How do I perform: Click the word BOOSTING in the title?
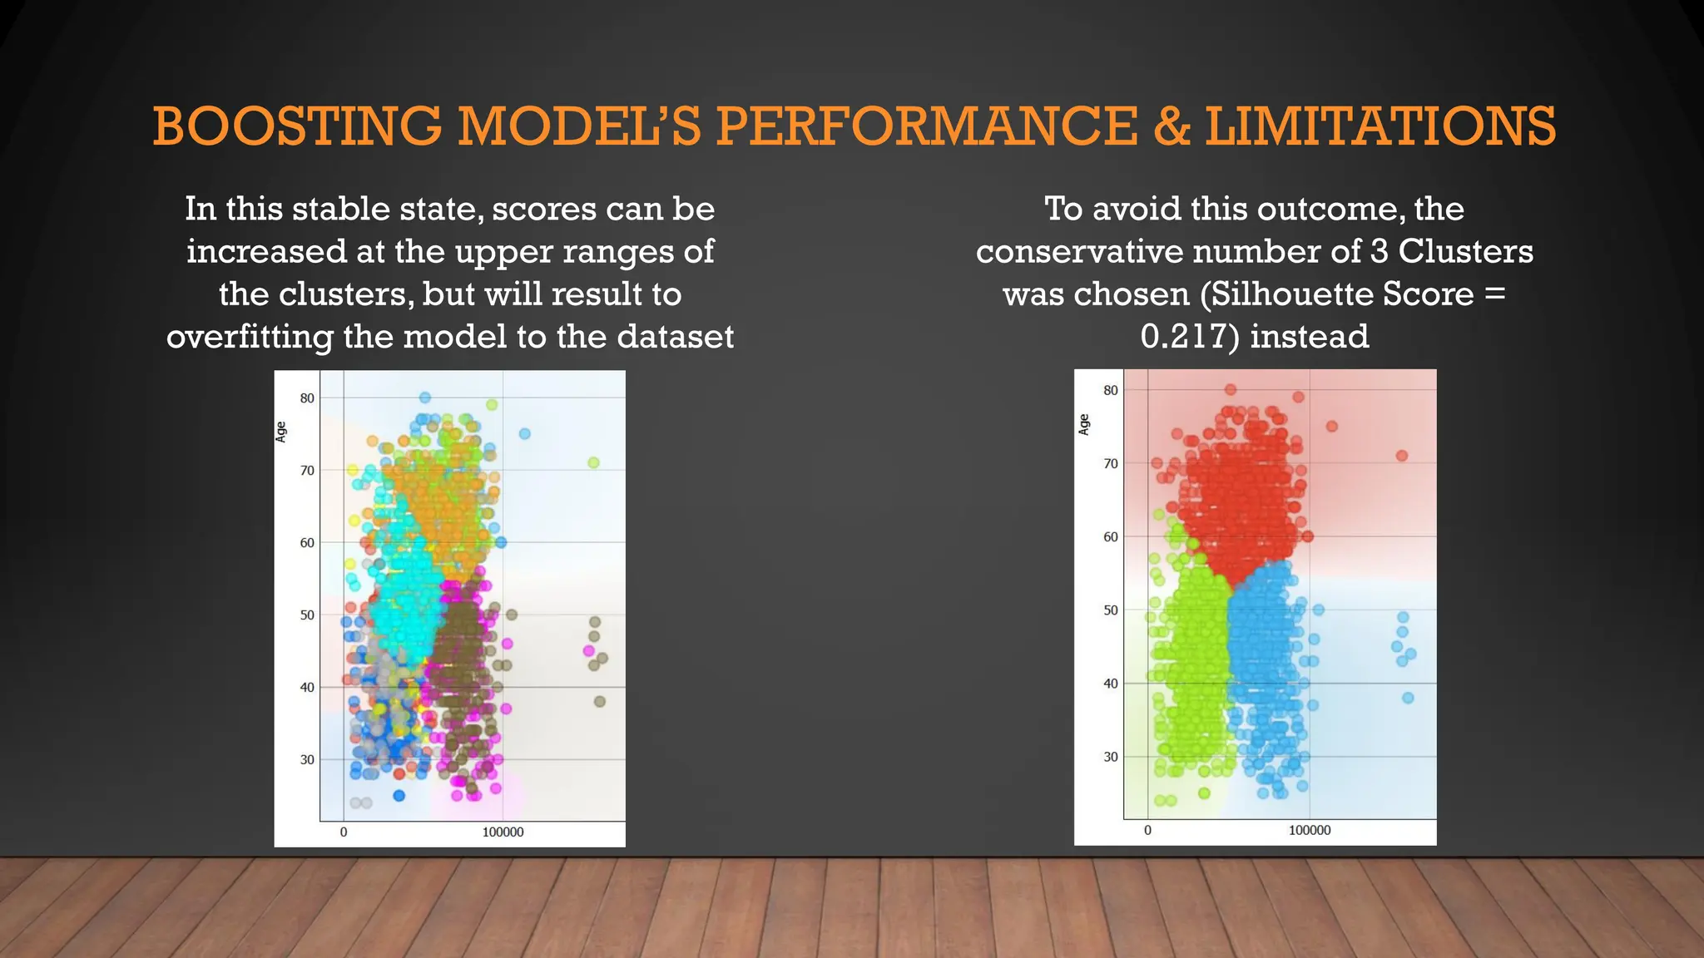(297, 126)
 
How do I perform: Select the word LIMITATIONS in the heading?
(1380, 126)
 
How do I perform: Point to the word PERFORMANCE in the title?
(926, 126)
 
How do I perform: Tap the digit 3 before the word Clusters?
(1379, 252)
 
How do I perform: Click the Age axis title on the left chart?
(281, 432)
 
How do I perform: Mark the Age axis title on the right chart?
(1083, 424)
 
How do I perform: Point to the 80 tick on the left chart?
(308, 398)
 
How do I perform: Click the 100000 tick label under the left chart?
(503, 832)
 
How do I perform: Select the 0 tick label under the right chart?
(1147, 831)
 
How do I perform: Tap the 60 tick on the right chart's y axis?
(1111, 537)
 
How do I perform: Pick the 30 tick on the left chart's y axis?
(308, 760)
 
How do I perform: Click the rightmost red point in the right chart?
(1402, 456)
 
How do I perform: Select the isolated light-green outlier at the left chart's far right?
(593, 462)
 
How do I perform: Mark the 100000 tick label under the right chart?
(1310, 831)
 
